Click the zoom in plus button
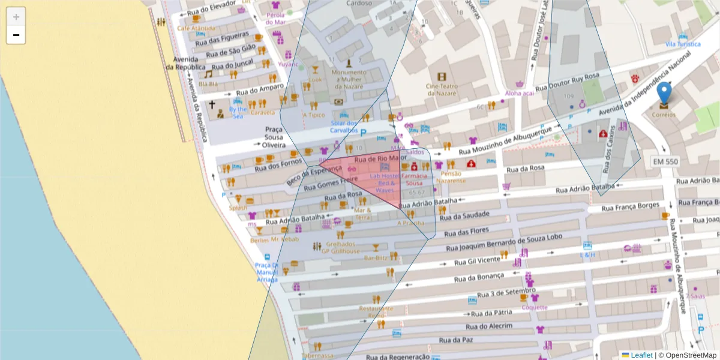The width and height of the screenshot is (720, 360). pyautogui.click(x=16, y=17)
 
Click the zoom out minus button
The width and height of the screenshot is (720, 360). pyautogui.click(x=16, y=35)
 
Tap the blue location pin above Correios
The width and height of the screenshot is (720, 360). pyautogui.click(x=664, y=95)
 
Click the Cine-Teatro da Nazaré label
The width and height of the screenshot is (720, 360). pyautogui.click(x=442, y=89)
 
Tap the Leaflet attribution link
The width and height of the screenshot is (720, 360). pyautogui.click(x=641, y=355)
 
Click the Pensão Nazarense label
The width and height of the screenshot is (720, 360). pyautogui.click(x=451, y=176)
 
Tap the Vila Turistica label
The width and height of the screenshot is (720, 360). pyautogui.click(x=683, y=44)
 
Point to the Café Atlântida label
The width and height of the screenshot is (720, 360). pyautogui.click(x=196, y=28)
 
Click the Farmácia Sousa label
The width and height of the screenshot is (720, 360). pyautogui.click(x=414, y=179)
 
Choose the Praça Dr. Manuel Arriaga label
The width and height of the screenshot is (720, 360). pyautogui.click(x=266, y=272)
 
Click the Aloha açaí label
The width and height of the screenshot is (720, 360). pyautogui.click(x=519, y=93)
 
